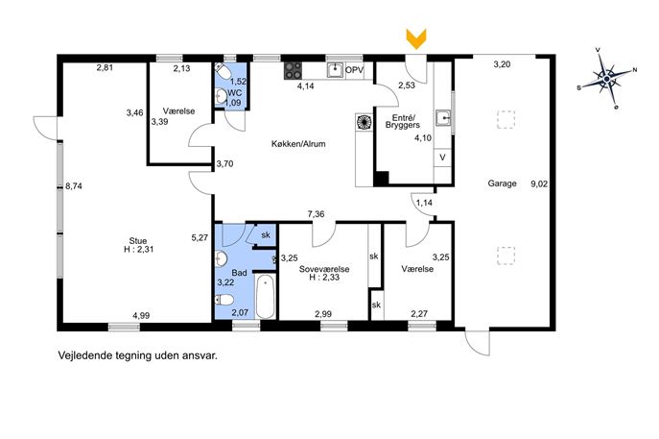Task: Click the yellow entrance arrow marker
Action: tap(416, 38)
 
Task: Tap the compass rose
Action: tap(606, 79)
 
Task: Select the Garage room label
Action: tap(502, 183)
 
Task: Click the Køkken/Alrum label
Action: tap(298, 143)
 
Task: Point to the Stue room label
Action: tap(138, 241)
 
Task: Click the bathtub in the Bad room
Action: tap(265, 296)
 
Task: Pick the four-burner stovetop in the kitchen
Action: tap(293, 71)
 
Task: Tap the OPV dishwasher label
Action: tap(354, 70)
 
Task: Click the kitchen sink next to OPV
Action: tap(335, 70)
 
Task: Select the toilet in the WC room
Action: tap(222, 71)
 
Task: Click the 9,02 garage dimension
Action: tap(539, 183)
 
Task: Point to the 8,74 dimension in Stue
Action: tap(74, 186)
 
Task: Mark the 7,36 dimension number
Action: tap(316, 214)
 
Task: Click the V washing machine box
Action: tap(442, 158)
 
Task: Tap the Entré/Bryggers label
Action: tap(403, 121)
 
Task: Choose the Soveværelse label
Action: tap(324, 269)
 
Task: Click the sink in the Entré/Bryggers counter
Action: tap(442, 118)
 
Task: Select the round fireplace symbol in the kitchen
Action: tap(364, 122)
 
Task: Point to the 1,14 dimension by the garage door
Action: tap(424, 203)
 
